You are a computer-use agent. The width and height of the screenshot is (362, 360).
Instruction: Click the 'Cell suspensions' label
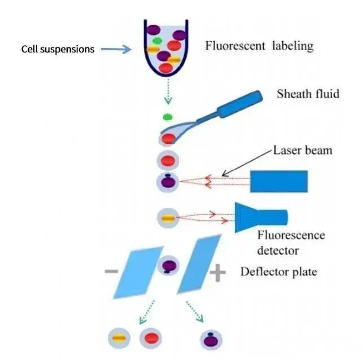pos(58,49)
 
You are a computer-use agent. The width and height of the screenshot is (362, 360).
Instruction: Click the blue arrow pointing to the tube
pos(116,49)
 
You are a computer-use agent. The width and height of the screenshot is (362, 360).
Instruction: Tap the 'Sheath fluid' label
pos(308,94)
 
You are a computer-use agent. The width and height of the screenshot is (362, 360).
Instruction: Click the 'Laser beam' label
pos(303,151)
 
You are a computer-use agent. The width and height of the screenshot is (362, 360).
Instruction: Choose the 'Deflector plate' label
pos(278,272)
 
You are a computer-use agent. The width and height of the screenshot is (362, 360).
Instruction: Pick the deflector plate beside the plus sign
pos(199,265)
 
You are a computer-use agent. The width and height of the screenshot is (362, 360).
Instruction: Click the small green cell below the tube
pos(168,117)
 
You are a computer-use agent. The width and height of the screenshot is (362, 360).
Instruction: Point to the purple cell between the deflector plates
pos(168,265)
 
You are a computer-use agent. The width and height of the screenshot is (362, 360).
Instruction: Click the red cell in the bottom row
pos(150,338)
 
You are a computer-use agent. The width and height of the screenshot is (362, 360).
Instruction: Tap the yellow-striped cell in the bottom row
pos(119,338)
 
